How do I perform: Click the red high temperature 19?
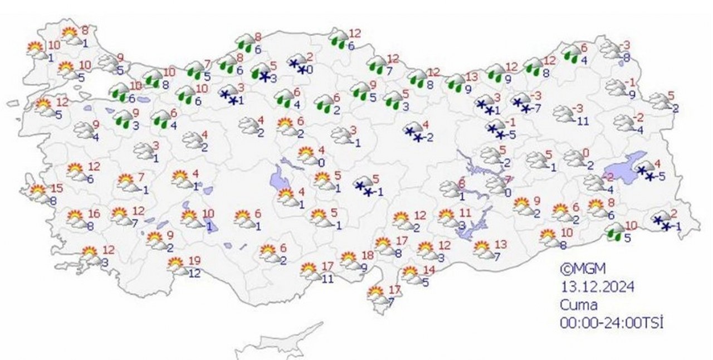(194, 260)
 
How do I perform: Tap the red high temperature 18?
(367, 255)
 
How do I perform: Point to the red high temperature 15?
(57, 187)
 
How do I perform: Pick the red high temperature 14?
(428, 270)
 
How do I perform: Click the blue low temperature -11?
(583, 120)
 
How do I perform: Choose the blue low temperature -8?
(626, 57)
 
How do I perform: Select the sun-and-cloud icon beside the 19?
(177, 266)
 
